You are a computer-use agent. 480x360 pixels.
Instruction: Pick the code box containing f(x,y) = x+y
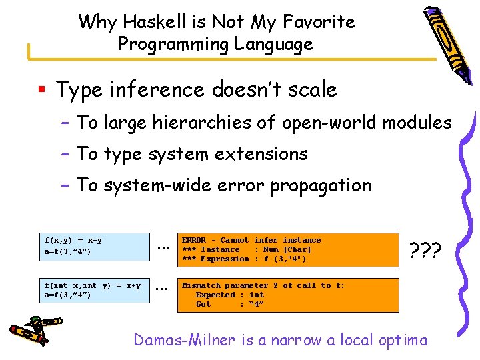point(95,245)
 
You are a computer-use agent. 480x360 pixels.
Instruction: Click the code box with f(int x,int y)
point(95,290)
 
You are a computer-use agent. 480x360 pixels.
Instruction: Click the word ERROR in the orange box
point(194,240)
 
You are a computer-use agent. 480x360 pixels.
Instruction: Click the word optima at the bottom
point(402,340)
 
